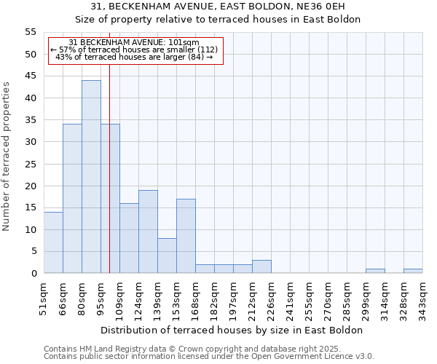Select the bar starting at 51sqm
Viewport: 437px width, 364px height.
pyautogui.click(x=53, y=242)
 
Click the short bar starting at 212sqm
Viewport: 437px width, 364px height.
pyautogui.click(x=261, y=266)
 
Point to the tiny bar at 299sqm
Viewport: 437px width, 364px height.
pyautogui.click(x=375, y=271)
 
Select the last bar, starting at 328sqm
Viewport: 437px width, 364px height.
pyautogui.click(x=413, y=271)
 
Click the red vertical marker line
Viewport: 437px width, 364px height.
pyautogui.click(x=109, y=182)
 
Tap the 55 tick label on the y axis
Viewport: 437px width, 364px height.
pyautogui.click(x=30, y=32)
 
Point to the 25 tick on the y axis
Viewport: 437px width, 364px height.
pyautogui.click(x=30, y=164)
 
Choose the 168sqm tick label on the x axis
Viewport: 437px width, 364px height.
pyautogui.click(x=195, y=298)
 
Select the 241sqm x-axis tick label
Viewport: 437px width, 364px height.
pyautogui.click(x=290, y=298)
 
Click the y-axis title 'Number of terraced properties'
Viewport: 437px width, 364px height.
pyautogui.click(x=7, y=156)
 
